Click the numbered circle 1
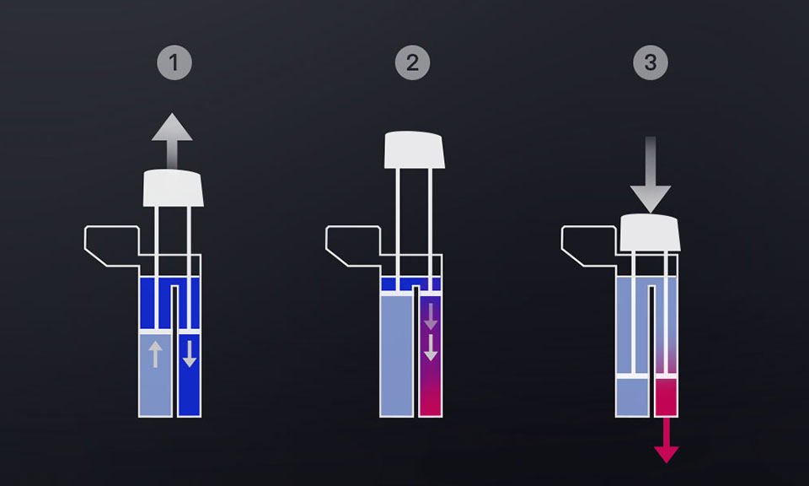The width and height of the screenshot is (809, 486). pyautogui.click(x=174, y=62)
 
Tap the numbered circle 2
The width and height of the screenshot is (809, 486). pyautogui.click(x=412, y=62)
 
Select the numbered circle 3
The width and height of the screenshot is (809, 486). pyautogui.click(x=651, y=62)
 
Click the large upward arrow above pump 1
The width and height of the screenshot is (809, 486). pyautogui.click(x=172, y=140)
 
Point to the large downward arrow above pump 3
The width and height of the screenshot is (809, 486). pyautogui.click(x=651, y=175)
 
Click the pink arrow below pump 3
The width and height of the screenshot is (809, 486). pyautogui.click(x=666, y=440)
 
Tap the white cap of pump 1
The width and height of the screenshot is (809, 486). pyautogui.click(x=174, y=188)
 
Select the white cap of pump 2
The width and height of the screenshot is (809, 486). pyautogui.click(x=415, y=150)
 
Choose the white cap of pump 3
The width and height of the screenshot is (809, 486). pyautogui.click(x=650, y=232)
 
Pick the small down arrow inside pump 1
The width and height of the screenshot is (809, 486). pyautogui.click(x=190, y=354)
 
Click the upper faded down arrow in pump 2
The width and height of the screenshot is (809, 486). pyautogui.click(x=431, y=316)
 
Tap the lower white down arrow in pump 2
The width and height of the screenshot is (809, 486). pyautogui.click(x=431, y=348)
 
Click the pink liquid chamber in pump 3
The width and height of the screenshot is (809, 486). pyautogui.click(x=666, y=397)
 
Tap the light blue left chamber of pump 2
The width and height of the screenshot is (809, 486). pyautogui.click(x=396, y=354)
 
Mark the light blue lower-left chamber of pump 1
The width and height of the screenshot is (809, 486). pyautogui.click(x=155, y=375)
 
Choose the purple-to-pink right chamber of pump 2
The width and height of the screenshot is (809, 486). pyautogui.click(x=431, y=355)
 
